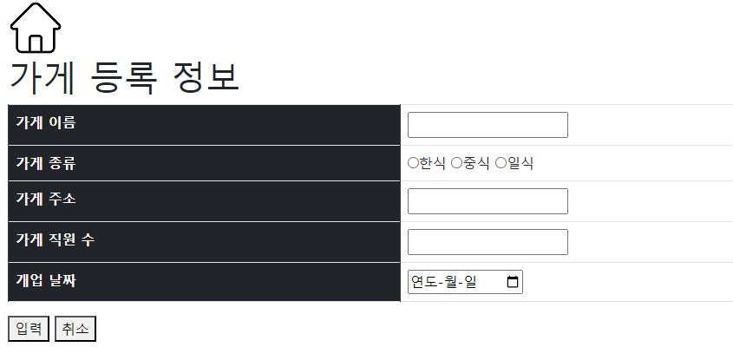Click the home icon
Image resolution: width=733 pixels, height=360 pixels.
point(36,28)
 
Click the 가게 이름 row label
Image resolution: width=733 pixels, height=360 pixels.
point(46,122)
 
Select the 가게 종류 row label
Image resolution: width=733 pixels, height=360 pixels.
point(46,162)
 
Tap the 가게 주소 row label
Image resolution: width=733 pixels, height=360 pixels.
point(46,199)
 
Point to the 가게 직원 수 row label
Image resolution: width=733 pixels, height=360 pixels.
point(55,239)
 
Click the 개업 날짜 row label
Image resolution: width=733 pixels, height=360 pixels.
point(46,280)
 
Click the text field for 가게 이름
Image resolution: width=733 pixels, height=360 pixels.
point(488,125)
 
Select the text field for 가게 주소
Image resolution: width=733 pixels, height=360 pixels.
point(488,201)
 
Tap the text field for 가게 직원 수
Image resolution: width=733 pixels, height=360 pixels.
point(488,242)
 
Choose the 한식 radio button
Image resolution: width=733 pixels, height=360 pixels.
point(413,163)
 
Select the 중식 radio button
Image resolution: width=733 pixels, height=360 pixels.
point(456,163)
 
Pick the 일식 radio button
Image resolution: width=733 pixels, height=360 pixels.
point(501,163)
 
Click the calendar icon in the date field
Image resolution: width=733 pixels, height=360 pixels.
point(512,282)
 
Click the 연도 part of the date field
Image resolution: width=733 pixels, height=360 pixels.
point(423,282)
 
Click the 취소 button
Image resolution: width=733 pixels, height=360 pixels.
point(75,329)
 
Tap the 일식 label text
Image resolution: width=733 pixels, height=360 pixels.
point(520,163)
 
